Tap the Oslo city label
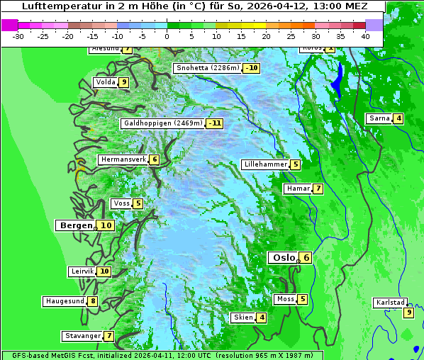(282, 258)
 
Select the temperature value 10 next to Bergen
(106, 225)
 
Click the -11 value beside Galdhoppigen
(215, 123)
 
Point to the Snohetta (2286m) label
(208, 68)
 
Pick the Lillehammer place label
(265, 164)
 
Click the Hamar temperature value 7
(318, 189)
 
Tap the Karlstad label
(391, 303)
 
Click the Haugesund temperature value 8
(93, 301)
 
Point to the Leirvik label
(82, 271)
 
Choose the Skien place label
(243, 317)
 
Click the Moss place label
(285, 299)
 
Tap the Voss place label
(121, 203)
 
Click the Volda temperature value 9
(124, 82)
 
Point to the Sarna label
(379, 118)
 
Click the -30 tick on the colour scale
(18, 35)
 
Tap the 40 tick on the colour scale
(365, 35)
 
